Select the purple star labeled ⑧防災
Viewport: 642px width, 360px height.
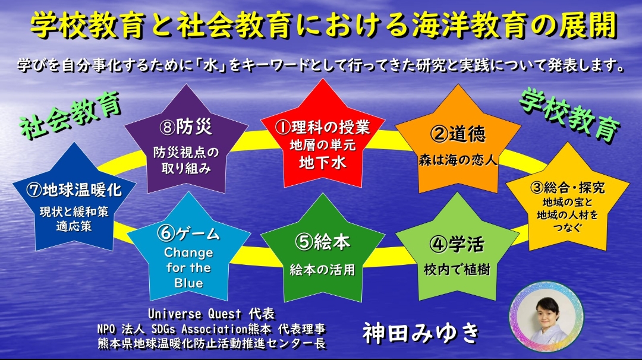tap(186, 144)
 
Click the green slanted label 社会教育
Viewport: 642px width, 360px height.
tap(70, 115)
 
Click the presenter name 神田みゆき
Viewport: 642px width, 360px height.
tap(421, 333)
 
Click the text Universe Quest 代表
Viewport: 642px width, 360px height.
tap(211, 314)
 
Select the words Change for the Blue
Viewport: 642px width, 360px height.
tap(188, 267)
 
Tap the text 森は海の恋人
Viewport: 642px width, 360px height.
tap(458, 160)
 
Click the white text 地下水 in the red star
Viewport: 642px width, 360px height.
tap(323, 162)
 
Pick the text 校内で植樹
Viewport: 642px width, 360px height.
tap(457, 270)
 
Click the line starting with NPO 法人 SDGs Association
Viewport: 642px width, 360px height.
tap(211, 329)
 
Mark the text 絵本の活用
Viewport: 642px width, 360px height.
tap(323, 270)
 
